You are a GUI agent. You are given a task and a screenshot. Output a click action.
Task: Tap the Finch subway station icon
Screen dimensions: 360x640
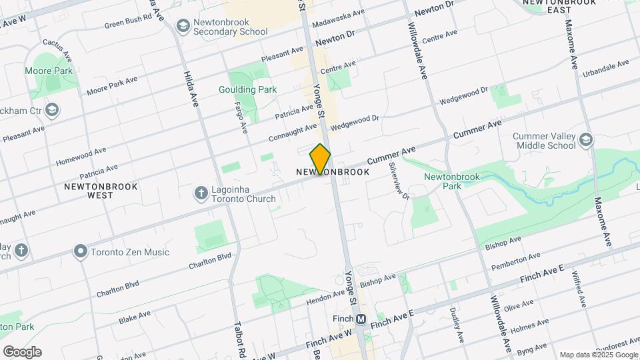pos(361,319)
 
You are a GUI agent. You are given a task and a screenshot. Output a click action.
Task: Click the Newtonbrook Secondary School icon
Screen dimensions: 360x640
pos(182,25)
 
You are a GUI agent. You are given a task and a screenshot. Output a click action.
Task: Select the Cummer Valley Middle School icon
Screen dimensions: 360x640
pos(585,140)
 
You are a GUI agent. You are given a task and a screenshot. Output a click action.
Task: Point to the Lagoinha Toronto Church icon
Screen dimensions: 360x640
pos(201,193)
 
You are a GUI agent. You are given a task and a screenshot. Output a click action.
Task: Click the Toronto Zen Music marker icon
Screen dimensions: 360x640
pos(81,252)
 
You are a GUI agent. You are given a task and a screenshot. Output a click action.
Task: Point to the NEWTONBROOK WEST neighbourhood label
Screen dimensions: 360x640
pos(101,191)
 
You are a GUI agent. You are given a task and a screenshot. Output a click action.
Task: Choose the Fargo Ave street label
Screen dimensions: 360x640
pos(241,116)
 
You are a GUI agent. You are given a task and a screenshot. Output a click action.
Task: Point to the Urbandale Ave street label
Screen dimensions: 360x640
pos(605,68)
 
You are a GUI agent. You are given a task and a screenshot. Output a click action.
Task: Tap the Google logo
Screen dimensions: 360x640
pos(22,352)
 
